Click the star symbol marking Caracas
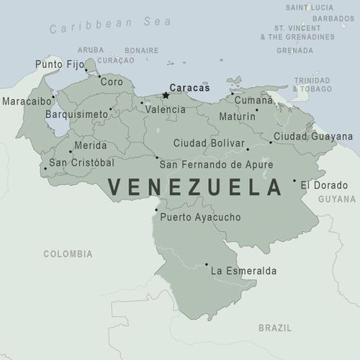coord(166,95)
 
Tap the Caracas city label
coord(189,88)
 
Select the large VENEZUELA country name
coord(194,188)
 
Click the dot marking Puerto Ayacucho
coord(156,210)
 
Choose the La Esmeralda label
coord(243,271)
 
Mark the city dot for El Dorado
coord(294,181)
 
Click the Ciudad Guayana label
coord(313,136)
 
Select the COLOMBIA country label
coord(68,254)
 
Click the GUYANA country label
coord(337,199)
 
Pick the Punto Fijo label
coord(58,65)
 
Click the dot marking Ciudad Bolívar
coord(248,150)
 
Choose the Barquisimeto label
coord(76,114)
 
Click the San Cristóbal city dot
coord(45,168)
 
